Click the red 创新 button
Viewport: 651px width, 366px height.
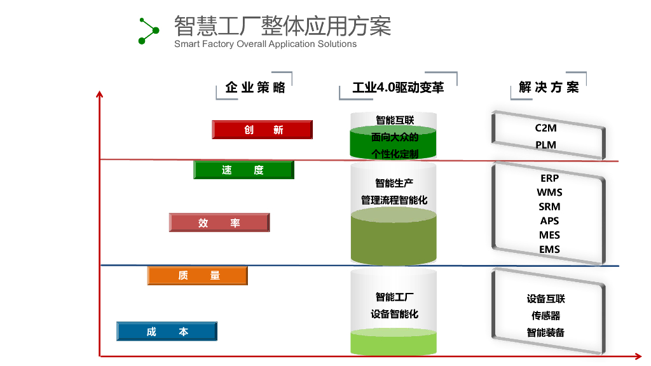pyautogui.click(x=262, y=130)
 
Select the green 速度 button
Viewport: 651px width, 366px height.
pyautogui.click(x=243, y=170)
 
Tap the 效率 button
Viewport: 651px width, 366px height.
pyautogui.click(x=219, y=222)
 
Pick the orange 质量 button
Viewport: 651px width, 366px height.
pyautogui.click(x=198, y=275)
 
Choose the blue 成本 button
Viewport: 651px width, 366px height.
pyautogui.click(x=167, y=332)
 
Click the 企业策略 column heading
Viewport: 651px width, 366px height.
pyautogui.click(x=256, y=88)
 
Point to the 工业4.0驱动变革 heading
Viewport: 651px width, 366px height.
pyautogui.click(x=398, y=88)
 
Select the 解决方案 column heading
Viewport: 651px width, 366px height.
pyautogui.click(x=549, y=88)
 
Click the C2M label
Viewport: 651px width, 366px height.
pyautogui.click(x=546, y=128)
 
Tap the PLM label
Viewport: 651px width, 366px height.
pyautogui.click(x=546, y=145)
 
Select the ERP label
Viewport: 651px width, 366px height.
pyautogui.click(x=549, y=178)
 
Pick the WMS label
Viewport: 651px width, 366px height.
pyautogui.click(x=549, y=192)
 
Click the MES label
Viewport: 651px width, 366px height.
pyautogui.click(x=549, y=235)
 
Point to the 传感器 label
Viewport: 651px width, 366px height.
pyautogui.click(x=546, y=316)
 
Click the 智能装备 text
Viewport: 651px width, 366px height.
pyautogui.click(x=546, y=332)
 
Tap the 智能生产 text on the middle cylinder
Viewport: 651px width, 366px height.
pyautogui.click(x=394, y=184)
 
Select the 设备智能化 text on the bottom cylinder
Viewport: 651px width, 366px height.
pyautogui.click(x=394, y=314)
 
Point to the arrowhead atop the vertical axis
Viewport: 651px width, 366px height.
pyautogui.click(x=99, y=95)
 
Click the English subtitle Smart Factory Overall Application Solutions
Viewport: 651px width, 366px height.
pyautogui.click(x=265, y=44)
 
